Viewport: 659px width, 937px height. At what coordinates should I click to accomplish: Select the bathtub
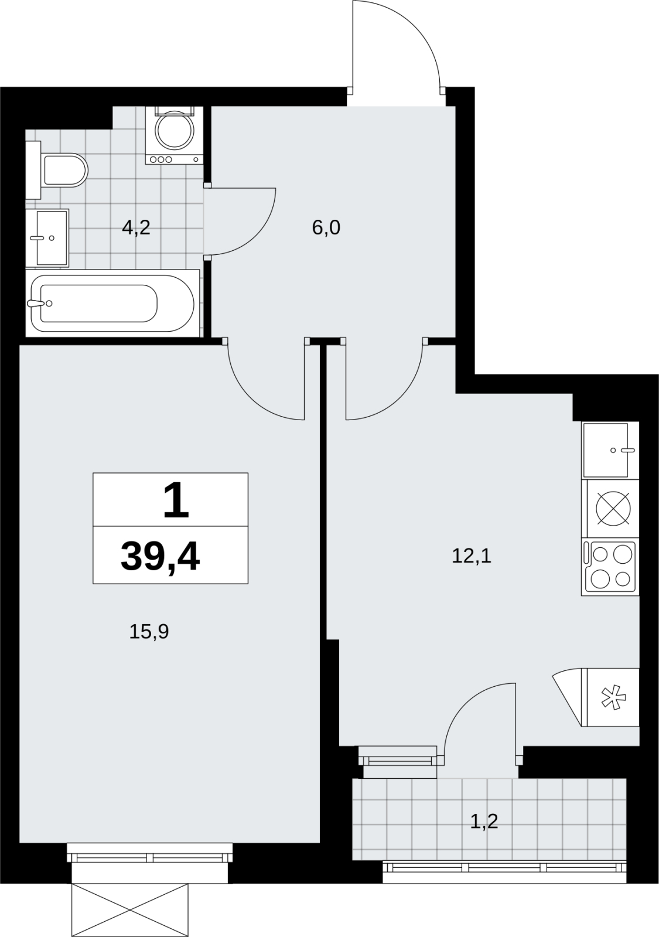[x=112, y=303]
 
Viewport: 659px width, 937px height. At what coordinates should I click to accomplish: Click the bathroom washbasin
[x=47, y=237]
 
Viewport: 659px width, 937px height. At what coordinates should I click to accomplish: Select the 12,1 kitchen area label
[x=472, y=557]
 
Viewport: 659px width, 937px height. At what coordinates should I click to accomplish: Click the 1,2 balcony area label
[x=484, y=822]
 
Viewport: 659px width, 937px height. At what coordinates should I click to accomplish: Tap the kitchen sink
[x=610, y=451]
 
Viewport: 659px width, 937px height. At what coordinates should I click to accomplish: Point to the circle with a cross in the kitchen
[x=613, y=508]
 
